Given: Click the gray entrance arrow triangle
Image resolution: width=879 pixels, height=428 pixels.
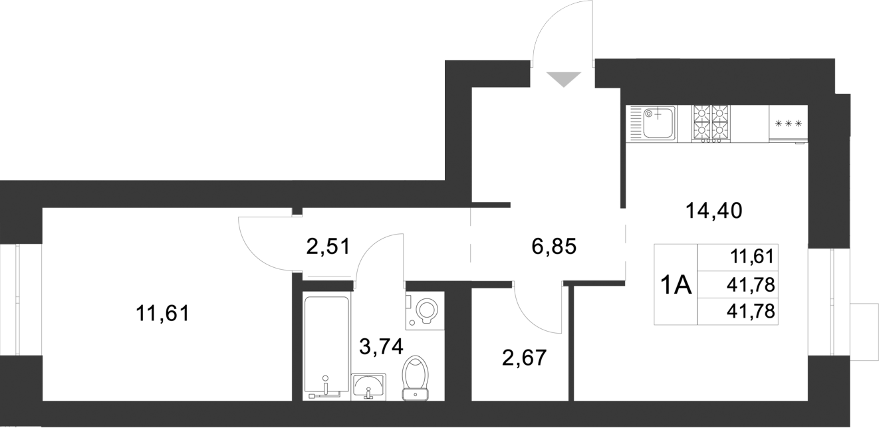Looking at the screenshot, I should coord(564,79).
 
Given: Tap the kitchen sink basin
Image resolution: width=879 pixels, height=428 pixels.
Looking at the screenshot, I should coord(659,124).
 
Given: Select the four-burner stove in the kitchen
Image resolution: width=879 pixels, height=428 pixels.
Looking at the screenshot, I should coord(711,124).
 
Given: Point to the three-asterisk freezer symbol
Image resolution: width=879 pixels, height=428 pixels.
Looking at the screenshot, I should coord(789,124).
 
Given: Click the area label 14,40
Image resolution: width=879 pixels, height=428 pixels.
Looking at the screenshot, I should coord(713,211).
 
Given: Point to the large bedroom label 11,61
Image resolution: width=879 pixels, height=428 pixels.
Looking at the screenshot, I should coord(162,312).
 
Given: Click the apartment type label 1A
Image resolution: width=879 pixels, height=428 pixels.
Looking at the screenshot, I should coord(676,286).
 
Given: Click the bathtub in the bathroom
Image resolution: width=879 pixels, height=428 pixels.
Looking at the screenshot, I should coord(326,346).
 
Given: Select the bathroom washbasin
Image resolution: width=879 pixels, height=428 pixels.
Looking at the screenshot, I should coord(368,385).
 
